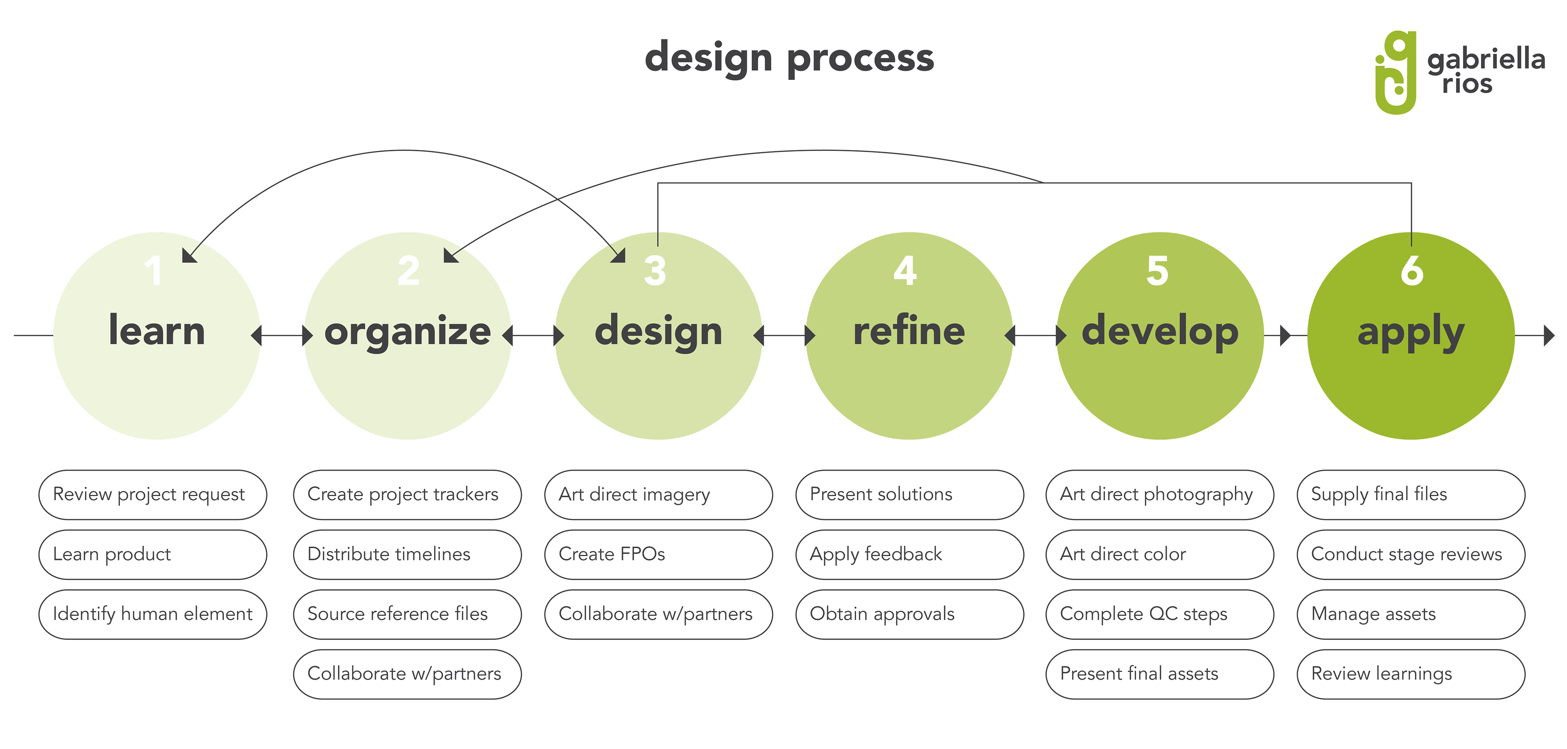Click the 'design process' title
789,58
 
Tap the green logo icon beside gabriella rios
1396,73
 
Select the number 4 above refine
905,270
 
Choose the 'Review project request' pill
153,494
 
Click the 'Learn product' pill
153,554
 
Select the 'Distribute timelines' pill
407,554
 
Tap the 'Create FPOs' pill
658,554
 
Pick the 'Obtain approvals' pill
910,614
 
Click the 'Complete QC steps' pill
1159,614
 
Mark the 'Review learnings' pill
1411,674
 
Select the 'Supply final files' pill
1411,494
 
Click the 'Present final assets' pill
1159,674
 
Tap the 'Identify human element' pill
153,614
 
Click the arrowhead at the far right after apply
1549,335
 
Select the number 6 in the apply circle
1412,270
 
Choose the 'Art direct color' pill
1159,554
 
